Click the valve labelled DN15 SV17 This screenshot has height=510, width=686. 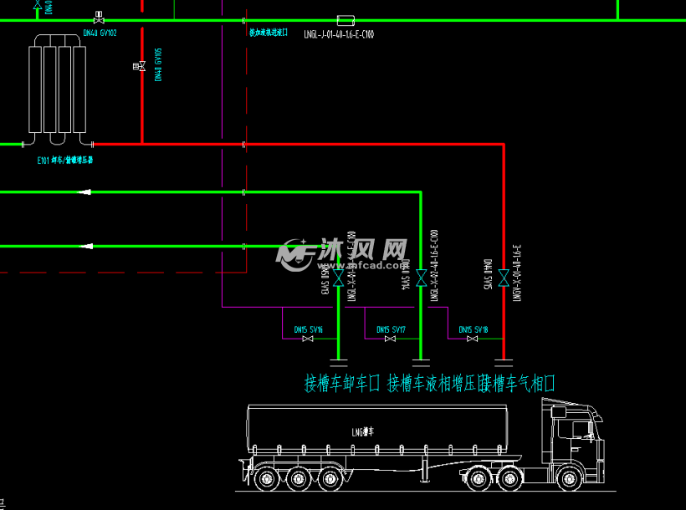(x=390, y=339)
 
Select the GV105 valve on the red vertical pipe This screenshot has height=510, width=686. (x=141, y=65)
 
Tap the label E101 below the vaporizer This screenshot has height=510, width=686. (x=65, y=158)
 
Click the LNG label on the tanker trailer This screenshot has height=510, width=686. (x=364, y=431)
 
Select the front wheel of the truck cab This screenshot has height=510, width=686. (x=571, y=477)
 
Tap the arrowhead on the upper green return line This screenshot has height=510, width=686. (x=84, y=192)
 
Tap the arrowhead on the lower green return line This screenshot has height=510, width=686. (x=84, y=246)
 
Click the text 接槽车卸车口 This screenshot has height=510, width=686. (x=341, y=384)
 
